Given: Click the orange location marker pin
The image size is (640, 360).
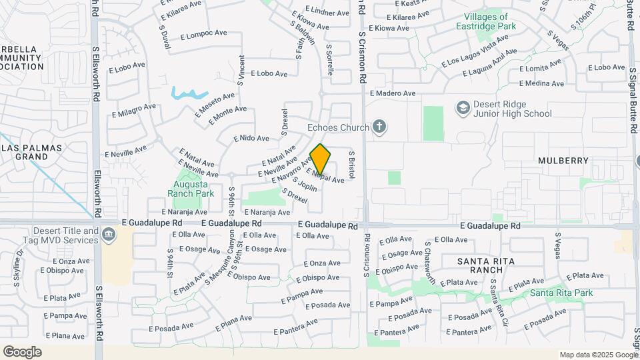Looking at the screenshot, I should click(321, 159).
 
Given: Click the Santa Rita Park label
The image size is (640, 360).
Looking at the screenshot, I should click(561, 293).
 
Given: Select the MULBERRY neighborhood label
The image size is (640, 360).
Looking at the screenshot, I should click(564, 161).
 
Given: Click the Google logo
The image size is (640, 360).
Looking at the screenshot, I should click(22, 352).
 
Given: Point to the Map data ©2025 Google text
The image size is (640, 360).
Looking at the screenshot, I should click(598, 355).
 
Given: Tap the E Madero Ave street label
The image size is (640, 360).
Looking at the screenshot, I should click(393, 94).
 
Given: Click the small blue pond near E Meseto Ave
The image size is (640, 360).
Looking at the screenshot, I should click(189, 93).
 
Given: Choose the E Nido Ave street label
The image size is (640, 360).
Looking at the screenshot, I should click(251, 139).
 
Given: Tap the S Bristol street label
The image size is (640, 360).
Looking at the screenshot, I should click(352, 164).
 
